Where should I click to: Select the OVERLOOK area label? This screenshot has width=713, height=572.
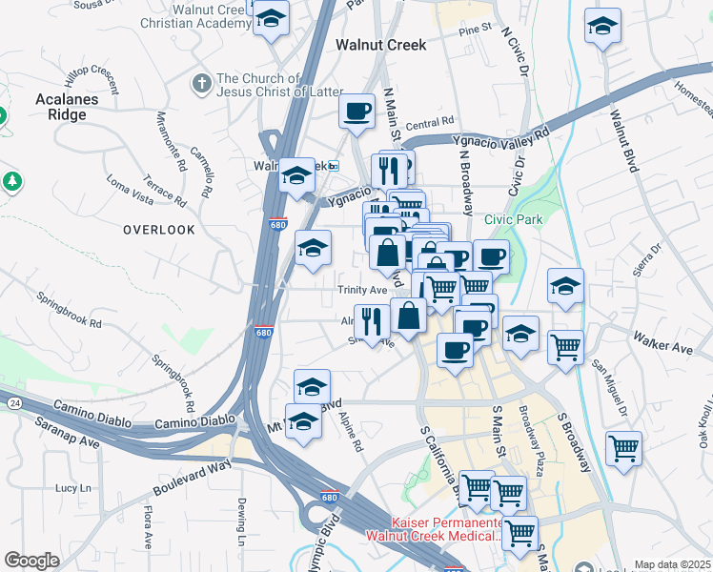(158, 230)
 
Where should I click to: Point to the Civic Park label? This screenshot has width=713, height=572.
(513, 219)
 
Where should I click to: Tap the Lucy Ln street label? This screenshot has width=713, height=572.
(71, 487)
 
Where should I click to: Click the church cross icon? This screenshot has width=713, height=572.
(201, 84)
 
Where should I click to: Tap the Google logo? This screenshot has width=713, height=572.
(31, 560)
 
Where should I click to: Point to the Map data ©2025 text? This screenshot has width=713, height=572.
(672, 564)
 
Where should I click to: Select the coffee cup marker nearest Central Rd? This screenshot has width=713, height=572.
(357, 111)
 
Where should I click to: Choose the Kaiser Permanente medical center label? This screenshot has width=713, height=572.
(447, 529)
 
